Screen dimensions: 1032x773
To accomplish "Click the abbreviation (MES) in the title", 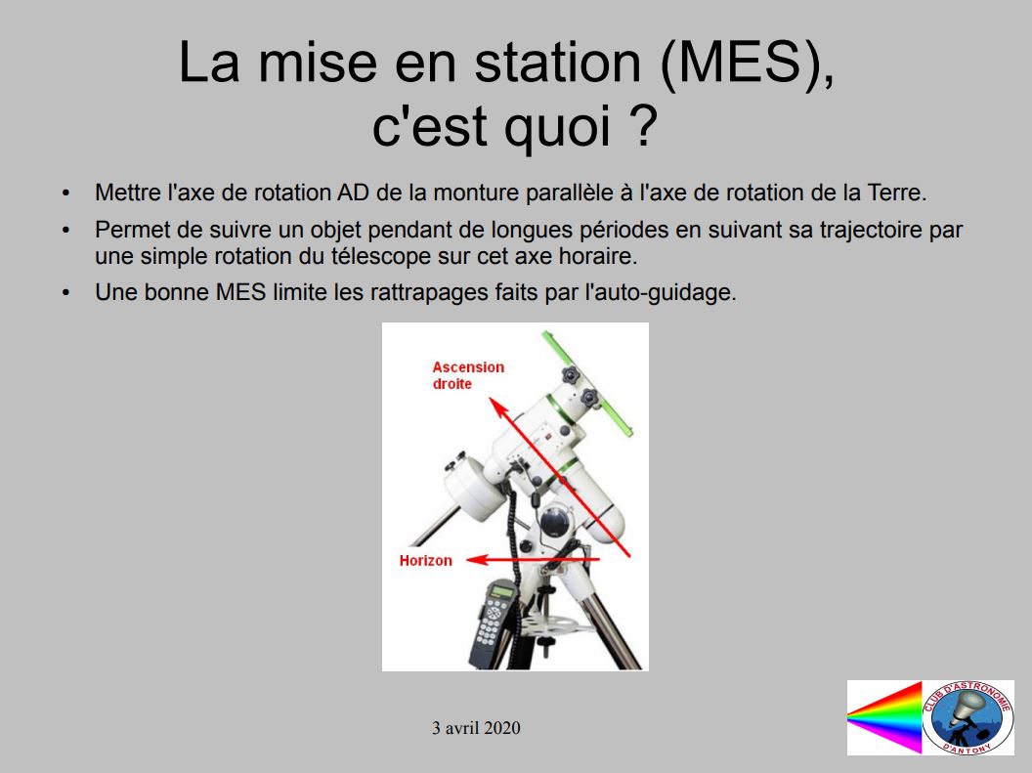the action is pos(747,64).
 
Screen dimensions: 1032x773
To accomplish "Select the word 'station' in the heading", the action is pos(558,63).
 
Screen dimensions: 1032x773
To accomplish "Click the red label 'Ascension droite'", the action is pos(468,375).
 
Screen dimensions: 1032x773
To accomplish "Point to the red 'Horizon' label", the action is pos(426,561).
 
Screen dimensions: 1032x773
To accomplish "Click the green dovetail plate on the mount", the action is pos(587,383).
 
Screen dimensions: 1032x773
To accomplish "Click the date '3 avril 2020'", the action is pos(476,728).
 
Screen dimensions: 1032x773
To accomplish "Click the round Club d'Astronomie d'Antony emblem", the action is pos(967,717).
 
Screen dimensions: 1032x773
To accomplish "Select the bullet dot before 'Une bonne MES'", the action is pos(65,293).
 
